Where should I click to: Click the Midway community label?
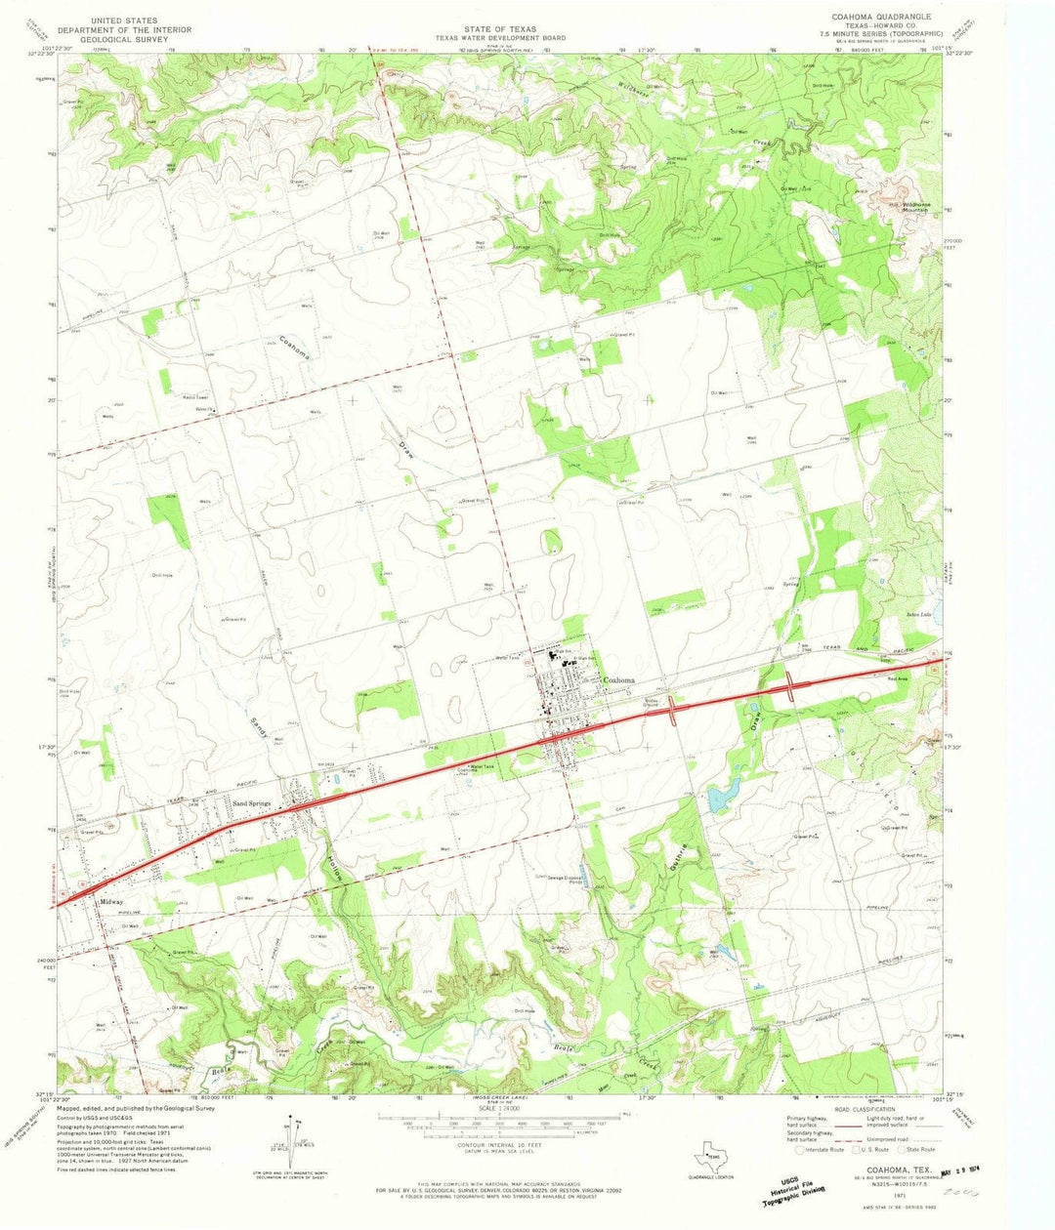coord(111,903)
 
